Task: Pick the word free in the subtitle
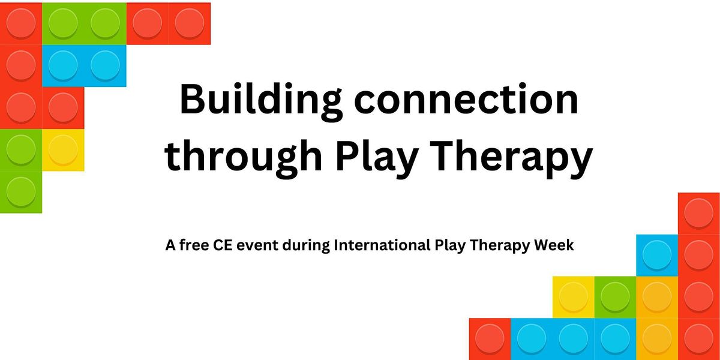[194, 245]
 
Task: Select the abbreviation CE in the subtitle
[223, 245]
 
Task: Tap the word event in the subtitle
[257, 245]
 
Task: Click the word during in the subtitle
[306, 246]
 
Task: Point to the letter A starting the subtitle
[170, 245]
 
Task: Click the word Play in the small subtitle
[450, 246]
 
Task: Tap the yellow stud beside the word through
[63, 149]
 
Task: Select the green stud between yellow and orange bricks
[615, 296]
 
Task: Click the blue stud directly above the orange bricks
[657, 255]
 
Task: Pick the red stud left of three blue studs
[490, 338]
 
